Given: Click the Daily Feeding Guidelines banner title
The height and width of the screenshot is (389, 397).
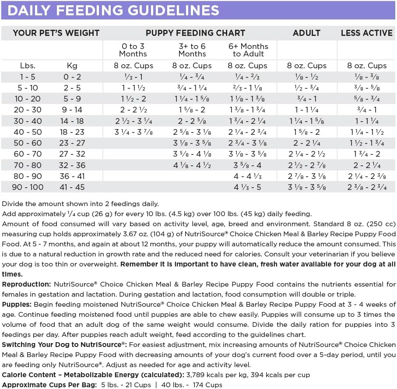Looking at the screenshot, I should (x=113, y=10).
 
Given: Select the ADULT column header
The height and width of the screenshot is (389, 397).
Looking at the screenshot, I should (x=306, y=33).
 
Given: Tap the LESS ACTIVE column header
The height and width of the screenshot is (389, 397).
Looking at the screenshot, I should (x=367, y=33).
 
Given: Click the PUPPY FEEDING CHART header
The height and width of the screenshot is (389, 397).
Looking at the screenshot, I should (x=195, y=33).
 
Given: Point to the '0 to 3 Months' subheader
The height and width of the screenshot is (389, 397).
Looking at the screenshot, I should (x=133, y=50).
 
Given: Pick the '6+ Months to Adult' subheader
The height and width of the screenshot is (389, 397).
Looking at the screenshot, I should (x=248, y=50).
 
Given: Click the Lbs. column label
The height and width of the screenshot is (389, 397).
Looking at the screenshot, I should (x=28, y=66).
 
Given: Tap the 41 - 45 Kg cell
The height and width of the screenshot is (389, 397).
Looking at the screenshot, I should (x=72, y=187).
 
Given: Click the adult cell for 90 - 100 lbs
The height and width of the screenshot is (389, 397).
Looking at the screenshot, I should (x=306, y=187).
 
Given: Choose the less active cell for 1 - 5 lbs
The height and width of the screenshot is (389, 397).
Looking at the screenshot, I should (x=367, y=77).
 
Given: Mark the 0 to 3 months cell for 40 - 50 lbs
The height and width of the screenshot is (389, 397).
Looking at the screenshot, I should (x=134, y=132).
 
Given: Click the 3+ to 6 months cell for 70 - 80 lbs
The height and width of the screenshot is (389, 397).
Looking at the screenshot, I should (x=192, y=165).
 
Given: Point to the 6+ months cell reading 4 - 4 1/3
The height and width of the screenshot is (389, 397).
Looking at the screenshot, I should (x=247, y=176).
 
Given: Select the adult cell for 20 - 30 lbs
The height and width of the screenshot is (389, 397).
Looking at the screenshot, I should (x=306, y=110).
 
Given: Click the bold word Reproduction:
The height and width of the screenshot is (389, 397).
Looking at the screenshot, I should (x=27, y=284).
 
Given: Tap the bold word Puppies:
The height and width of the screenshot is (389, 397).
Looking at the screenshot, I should (x=16, y=304).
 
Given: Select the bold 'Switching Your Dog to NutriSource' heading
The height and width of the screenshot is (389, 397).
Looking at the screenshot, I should (x=64, y=344).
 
